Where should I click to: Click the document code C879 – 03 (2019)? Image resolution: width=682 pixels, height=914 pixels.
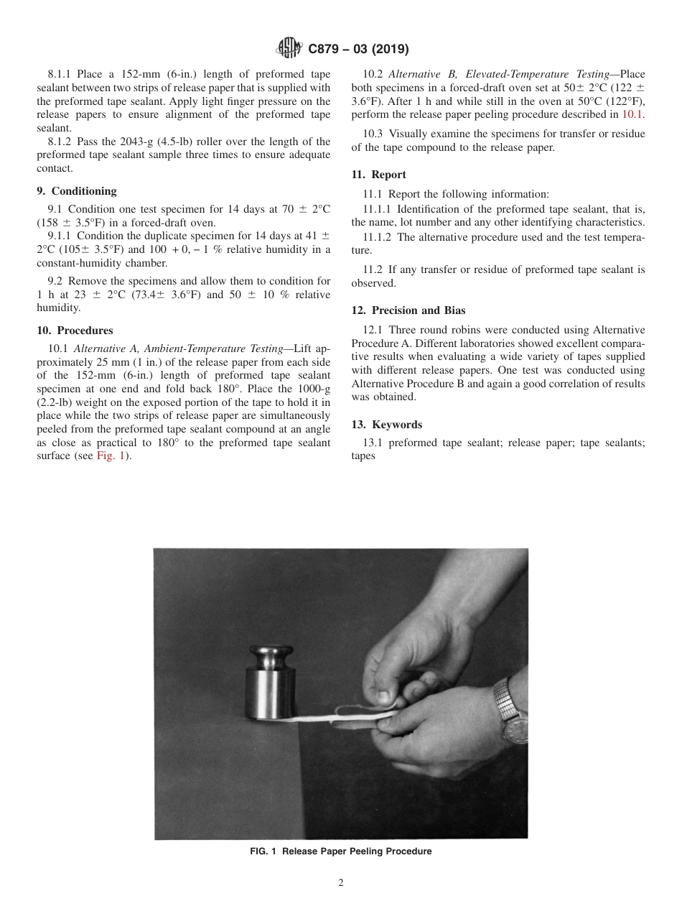click(x=358, y=49)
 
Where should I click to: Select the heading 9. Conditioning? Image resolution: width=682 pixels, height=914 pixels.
click(x=76, y=191)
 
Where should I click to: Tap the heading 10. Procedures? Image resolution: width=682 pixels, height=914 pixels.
click(x=75, y=331)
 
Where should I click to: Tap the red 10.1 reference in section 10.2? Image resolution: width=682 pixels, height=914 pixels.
click(x=632, y=114)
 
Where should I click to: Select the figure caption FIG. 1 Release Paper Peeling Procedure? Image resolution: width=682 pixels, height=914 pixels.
click(x=340, y=851)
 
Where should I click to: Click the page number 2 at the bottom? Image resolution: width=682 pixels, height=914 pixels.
click(x=341, y=883)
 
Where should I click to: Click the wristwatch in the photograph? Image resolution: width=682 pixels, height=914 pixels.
click(x=513, y=711)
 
